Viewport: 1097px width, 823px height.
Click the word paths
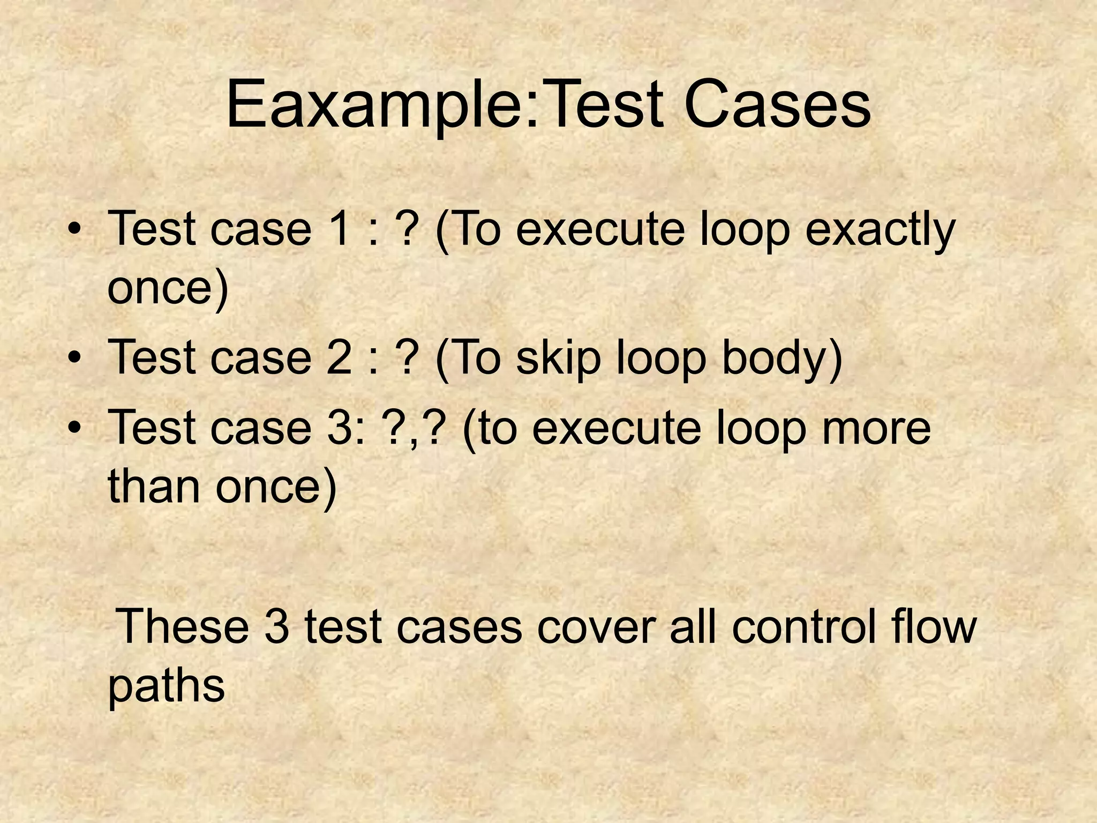tap(166, 686)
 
